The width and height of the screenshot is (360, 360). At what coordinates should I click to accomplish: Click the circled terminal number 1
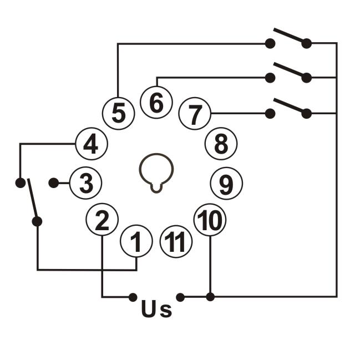pyautogui.click(x=136, y=241)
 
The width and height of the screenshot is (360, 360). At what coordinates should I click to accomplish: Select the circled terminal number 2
pyautogui.click(x=102, y=220)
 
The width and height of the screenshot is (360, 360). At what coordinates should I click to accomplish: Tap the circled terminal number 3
pyautogui.click(x=85, y=183)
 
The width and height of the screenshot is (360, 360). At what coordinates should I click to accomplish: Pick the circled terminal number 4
pyautogui.click(x=90, y=145)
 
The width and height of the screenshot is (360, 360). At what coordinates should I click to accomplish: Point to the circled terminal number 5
pyautogui.click(x=118, y=113)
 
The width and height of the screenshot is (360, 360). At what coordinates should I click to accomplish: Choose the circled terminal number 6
pyautogui.click(x=156, y=103)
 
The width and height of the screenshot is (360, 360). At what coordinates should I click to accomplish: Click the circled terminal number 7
pyautogui.click(x=195, y=114)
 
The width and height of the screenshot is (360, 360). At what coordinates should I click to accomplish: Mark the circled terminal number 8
pyautogui.click(x=221, y=144)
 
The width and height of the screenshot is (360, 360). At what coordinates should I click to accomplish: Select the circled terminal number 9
pyautogui.click(x=226, y=184)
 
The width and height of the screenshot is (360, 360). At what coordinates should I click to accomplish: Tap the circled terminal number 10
pyautogui.click(x=210, y=220)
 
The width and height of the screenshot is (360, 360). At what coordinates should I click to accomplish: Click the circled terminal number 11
pyautogui.click(x=176, y=242)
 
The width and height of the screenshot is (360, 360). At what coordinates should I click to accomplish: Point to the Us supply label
pyautogui.click(x=156, y=308)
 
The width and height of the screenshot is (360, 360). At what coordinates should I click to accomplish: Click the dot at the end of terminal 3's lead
pyautogui.click(x=54, y=182)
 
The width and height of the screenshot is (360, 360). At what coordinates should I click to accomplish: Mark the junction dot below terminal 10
pyautogui.click(x=210, y=297)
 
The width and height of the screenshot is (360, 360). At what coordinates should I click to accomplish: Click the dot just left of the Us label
pyautogui.click(x=133, y=297)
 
